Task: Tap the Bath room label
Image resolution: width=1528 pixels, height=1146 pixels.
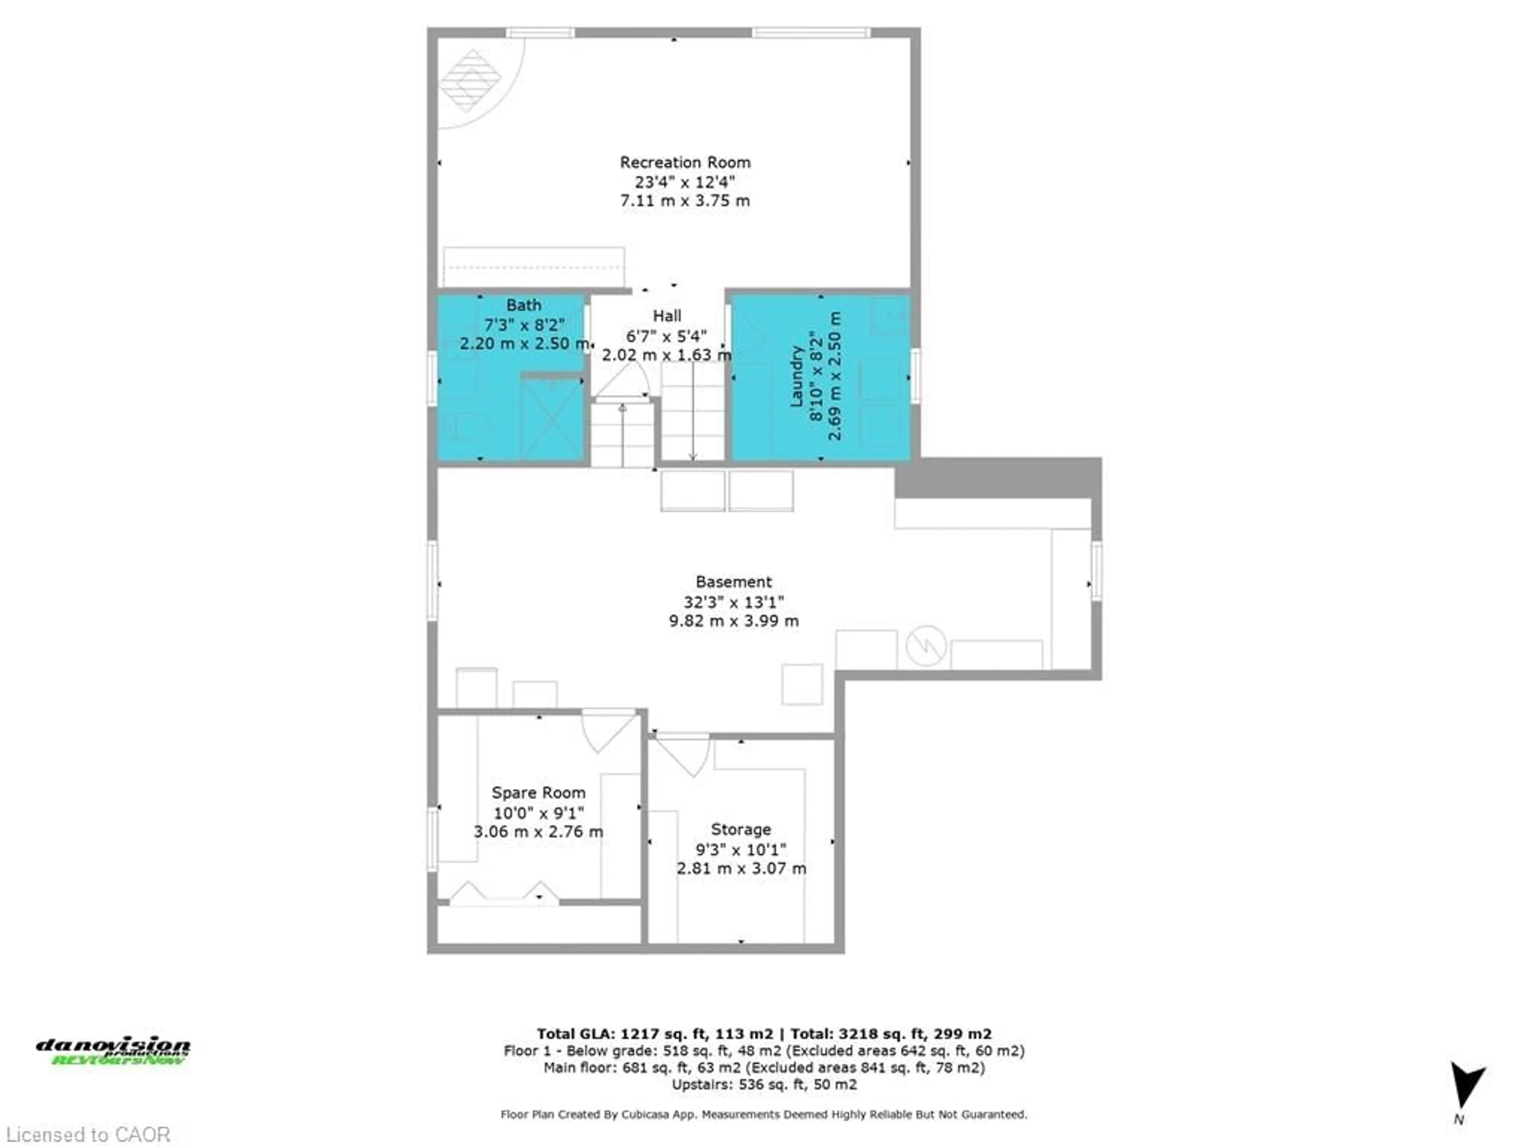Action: [524, 305]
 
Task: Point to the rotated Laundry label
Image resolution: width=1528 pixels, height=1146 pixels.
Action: [797, 376]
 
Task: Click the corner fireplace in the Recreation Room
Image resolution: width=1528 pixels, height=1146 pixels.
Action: [471, 81]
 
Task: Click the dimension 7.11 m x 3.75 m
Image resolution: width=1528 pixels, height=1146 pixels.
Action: [684, 201]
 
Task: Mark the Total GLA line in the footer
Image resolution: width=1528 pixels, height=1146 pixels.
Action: [764, 1034]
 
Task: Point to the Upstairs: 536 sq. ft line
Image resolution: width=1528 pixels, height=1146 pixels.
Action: [764, 1084]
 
